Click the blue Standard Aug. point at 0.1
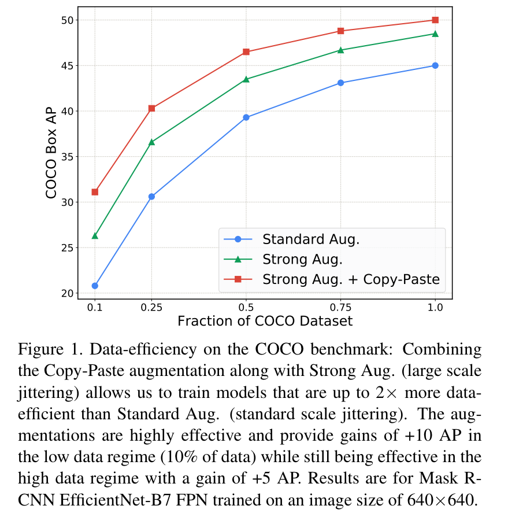(x=95, y=286)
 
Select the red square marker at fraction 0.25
(x=151, y=108)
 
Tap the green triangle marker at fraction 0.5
(x=246, y=79)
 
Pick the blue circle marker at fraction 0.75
(x=340, y=83)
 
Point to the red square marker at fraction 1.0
(x=435, y=20)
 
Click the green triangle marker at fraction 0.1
(x=95, y=235)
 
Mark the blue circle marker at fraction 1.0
(x=435, y=65)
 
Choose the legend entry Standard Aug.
(x=311, y=239)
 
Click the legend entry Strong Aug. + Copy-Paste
(x=351, y=279)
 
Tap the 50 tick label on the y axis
(x=68, y=20)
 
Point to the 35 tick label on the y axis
(x=68, y=157)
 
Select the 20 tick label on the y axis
(x=68, y=293)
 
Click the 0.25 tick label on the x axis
(x=151, y=307)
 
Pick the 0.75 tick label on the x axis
(x=340, y=307)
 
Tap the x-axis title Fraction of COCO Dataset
(x=265, y=321)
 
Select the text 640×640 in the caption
(x=445, y=499)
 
